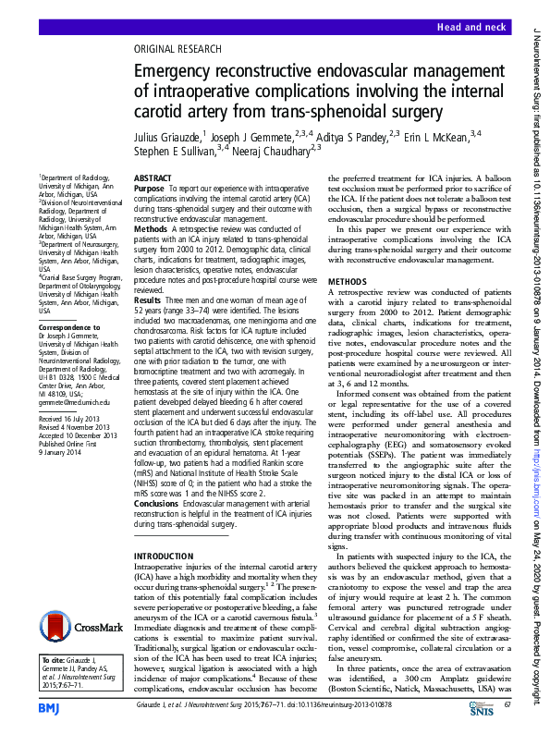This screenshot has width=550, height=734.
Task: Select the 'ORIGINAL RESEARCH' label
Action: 178,49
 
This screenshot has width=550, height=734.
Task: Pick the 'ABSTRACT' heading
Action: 153,176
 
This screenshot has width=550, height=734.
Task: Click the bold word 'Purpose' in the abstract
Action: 150,188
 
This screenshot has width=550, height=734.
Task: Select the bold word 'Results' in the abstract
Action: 148,300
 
